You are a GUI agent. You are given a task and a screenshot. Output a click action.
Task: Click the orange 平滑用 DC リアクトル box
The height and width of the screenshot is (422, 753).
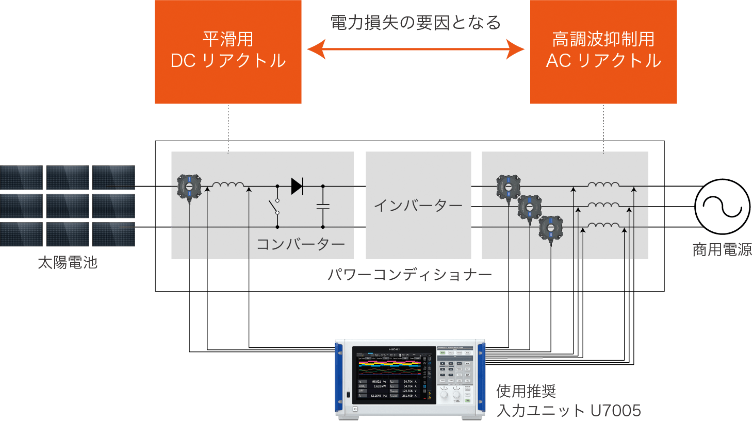click(x=228, y=52)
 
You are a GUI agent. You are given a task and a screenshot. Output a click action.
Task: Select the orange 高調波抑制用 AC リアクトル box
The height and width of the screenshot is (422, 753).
click(x=603, y=52)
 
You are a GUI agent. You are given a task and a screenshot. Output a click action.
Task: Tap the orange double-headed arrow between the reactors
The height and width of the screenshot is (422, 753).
click(x=416, y=49)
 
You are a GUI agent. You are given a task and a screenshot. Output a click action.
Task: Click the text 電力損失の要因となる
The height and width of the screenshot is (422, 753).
click(x=416, y=23)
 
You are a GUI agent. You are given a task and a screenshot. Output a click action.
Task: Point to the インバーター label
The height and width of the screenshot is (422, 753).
click(x=418, y=206)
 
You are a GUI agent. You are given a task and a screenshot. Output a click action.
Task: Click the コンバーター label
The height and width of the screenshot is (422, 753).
click(x=301, y=244)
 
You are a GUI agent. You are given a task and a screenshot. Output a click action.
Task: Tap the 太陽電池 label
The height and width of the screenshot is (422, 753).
click(x=68, y=263)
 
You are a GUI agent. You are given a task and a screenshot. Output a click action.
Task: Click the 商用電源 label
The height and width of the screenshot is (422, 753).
click(x=722, y=250)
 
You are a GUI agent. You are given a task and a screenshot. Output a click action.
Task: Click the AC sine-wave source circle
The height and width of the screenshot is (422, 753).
click(x=722, y=207)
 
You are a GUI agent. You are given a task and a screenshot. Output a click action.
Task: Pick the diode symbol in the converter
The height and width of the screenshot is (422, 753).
click(x=297, y=186)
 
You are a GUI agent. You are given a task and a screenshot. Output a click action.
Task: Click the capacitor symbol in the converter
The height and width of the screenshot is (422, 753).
click(x=323, y=206)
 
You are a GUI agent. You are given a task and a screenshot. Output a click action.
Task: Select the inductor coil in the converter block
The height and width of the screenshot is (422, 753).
click(x=228, y=184)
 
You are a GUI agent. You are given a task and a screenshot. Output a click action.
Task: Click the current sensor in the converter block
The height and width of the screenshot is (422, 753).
click(x=189, y=187)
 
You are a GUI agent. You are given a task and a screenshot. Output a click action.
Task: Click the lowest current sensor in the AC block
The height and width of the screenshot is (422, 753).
click(x=551, y=228)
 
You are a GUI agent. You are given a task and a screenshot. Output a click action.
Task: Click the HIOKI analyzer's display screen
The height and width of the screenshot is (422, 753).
click(x=394, y=375)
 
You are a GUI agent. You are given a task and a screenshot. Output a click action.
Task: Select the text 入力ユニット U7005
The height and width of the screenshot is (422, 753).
click(x=569, y=411)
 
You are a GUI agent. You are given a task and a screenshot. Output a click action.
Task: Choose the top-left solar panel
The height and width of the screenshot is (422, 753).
click(x=22, y=177)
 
